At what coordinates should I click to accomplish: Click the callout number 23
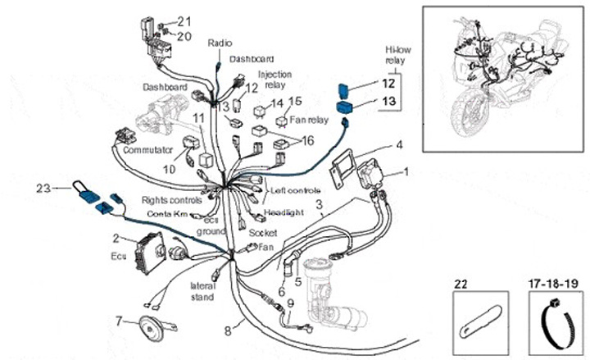(x=43, y=188)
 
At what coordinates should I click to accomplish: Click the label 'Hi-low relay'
(x=398, y=60)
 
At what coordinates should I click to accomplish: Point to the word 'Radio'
(x=220, y=42)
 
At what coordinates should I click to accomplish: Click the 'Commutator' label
(x=147, y=151)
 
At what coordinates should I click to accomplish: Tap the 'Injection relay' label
(x=275, y=80)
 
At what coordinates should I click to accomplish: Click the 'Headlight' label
(x=284, y=211)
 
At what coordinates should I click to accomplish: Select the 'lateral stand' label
(x=202, y=292)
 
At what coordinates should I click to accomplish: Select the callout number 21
(x=184, y=21)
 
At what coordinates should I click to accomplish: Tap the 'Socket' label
(x=263, y=233)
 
